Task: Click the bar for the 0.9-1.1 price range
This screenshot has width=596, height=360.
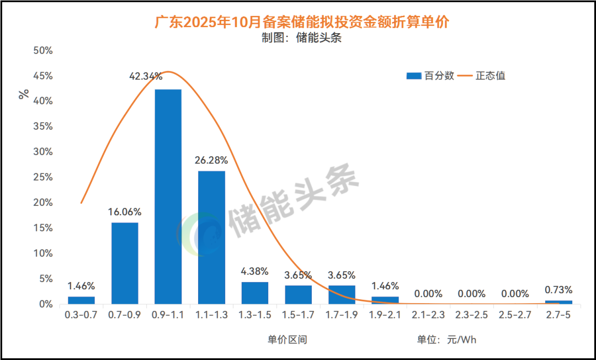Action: pyautogui.click(x=168, y=196)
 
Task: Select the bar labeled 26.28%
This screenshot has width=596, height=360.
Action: pyautogui.click(x=211, y=237)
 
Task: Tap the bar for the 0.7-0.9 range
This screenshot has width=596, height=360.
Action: pyautogui.click(x=125, y=263)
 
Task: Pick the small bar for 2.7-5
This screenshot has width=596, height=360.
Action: pyautogui.click(x=558, y=302)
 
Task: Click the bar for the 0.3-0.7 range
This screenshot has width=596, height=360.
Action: pyautogui.click(x=81, y=300)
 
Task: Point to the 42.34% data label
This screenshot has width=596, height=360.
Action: pyautogui.click(x=146, y=77)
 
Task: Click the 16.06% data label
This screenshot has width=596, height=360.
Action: pyautogui.click(x=125, y=212)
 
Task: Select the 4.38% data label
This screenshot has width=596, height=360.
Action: pyautogui.click(x=255, y=272)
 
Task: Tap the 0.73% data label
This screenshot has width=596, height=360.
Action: pyautogui.click(x=558, y=290)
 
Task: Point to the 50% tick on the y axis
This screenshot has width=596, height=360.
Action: pyautogui.click(x=43, y=51)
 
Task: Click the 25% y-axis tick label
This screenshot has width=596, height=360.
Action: pyautogui.click(x=43, y=177)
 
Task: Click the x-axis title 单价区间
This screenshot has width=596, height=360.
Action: pyautogui.click(x=288, y=340)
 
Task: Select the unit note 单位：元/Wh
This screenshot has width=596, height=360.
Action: pyautogui.click(x=446, y=340)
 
